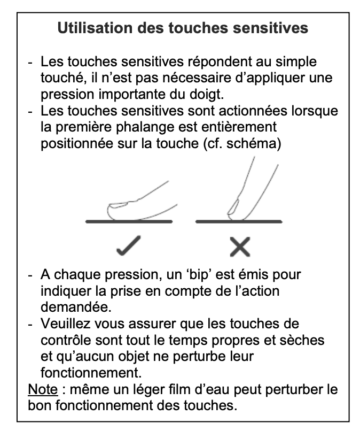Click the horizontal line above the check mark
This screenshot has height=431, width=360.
(x=129, y=221)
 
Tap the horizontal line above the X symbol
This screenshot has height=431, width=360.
(x=239, y=221)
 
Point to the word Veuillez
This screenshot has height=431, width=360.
(x=64, y=324)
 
